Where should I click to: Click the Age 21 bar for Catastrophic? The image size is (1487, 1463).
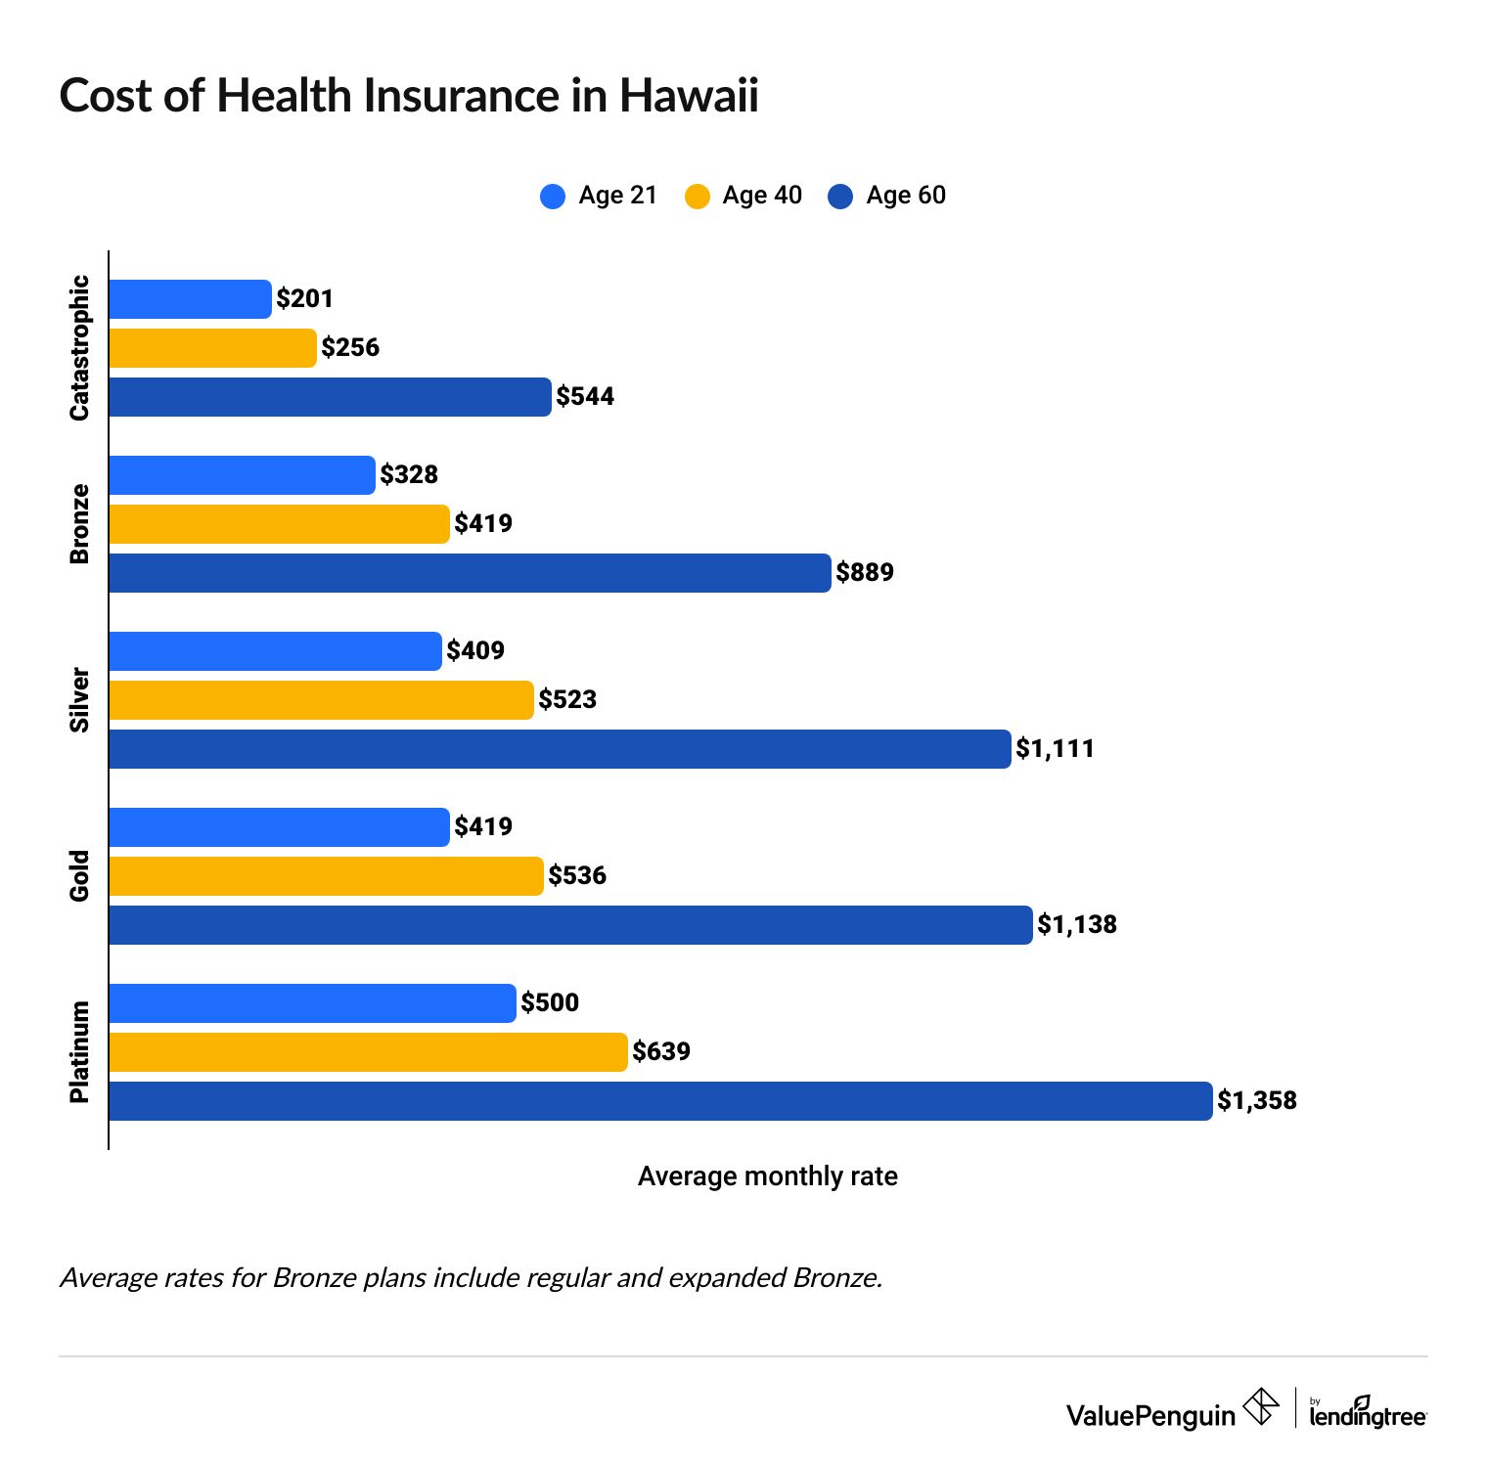coord(190,299)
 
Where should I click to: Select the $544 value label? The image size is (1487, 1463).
coord(585,396)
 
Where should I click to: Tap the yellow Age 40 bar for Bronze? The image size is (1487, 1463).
coord(279,524)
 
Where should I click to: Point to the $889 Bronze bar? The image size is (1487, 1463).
coord(470,573)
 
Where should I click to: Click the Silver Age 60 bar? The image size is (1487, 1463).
coord(560,749)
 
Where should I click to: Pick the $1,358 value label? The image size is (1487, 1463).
coord(1257,1100)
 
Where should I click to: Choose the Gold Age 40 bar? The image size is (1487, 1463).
coord(326,876)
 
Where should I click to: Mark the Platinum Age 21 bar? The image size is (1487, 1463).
coord(312,1003)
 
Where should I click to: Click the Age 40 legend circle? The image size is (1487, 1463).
coord(698,197)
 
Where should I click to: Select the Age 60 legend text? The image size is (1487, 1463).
coord(906,196)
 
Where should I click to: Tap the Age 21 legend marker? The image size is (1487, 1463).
coord(553,197)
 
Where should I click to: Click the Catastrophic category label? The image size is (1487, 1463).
coord(79,348)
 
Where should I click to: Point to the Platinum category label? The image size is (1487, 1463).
coord(79,1052)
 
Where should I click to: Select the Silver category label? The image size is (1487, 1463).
coord(79,700)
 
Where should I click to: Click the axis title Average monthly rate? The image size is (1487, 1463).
coord(767,1175)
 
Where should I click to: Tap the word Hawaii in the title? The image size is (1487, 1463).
coord(689,96)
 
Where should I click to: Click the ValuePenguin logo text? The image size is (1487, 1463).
coord(1150,1415)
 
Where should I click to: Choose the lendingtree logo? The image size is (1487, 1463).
coord(1368,1413)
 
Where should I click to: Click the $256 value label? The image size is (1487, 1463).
coord(350,347)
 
